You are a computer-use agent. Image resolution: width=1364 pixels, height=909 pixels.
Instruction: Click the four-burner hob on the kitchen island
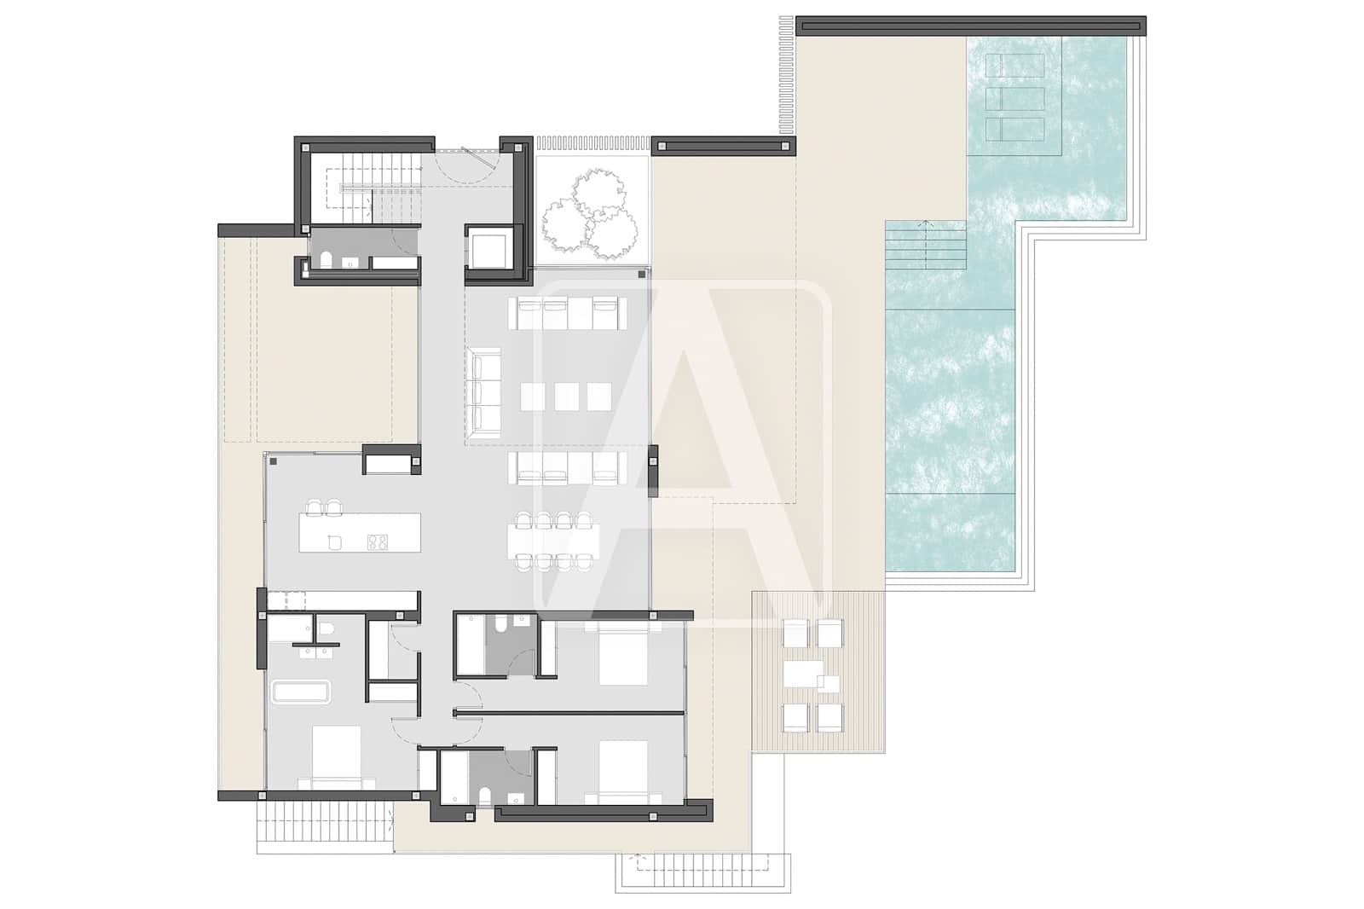click(377, 541)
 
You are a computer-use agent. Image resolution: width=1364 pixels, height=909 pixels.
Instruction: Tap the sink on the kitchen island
click(335, 542)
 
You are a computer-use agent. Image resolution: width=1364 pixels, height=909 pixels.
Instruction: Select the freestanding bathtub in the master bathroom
click(301, 692)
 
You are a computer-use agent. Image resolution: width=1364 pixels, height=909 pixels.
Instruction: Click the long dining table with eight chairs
click(553, 540)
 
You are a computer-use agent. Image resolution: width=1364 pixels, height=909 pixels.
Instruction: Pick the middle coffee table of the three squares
click(567, 397)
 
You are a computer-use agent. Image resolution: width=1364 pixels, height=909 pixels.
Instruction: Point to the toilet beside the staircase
click(326, 258)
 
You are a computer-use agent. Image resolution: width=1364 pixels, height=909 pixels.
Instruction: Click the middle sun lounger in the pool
click(1014, 98)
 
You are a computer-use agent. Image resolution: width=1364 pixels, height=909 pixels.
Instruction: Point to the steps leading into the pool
click(926, 245)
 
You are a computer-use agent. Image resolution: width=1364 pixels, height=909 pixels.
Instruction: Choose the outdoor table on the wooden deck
click(804, 674)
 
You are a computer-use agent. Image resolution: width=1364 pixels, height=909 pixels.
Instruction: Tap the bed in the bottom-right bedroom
click(623, 773)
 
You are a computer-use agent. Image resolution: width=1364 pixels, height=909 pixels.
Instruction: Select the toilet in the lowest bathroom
click(485, 797)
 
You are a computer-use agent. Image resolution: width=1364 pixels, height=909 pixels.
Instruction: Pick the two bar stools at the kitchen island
click(325, 507)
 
